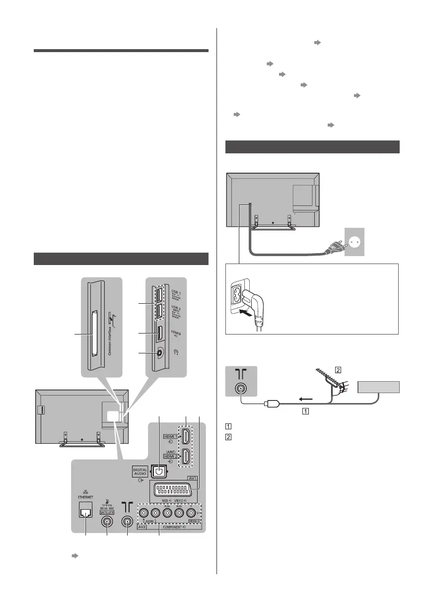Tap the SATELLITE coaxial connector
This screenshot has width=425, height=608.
coord(107,521)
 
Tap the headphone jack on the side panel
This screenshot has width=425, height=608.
coord(159,353)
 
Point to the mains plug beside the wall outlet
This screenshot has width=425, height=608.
coord(330,245)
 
